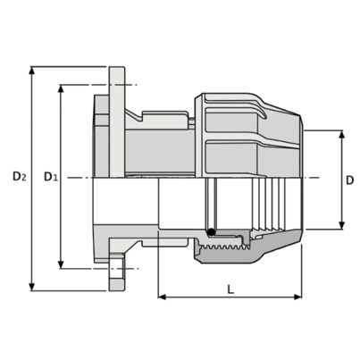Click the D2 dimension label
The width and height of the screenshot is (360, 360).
(20, 177)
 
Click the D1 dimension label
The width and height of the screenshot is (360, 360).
(50, 177)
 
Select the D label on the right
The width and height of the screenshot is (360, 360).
(350, 180)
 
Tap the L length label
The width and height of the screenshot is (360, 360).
(230, 289)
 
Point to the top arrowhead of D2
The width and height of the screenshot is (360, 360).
(32, 71)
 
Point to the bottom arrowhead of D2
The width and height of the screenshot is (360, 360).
(32, 287)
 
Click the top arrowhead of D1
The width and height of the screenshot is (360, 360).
(61, 88)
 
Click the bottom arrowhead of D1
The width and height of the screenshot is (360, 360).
(61, 264)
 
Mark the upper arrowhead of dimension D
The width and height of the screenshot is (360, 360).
(342, 134)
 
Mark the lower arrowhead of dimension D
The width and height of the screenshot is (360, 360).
(342, 225)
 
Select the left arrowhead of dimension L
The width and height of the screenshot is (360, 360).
(162, 297)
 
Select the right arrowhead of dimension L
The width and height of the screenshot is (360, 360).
(297, 297)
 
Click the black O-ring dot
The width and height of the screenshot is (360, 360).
(211, 232)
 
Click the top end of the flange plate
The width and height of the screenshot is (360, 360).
(116, 67)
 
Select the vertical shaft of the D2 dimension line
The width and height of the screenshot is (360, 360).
(32, 179)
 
